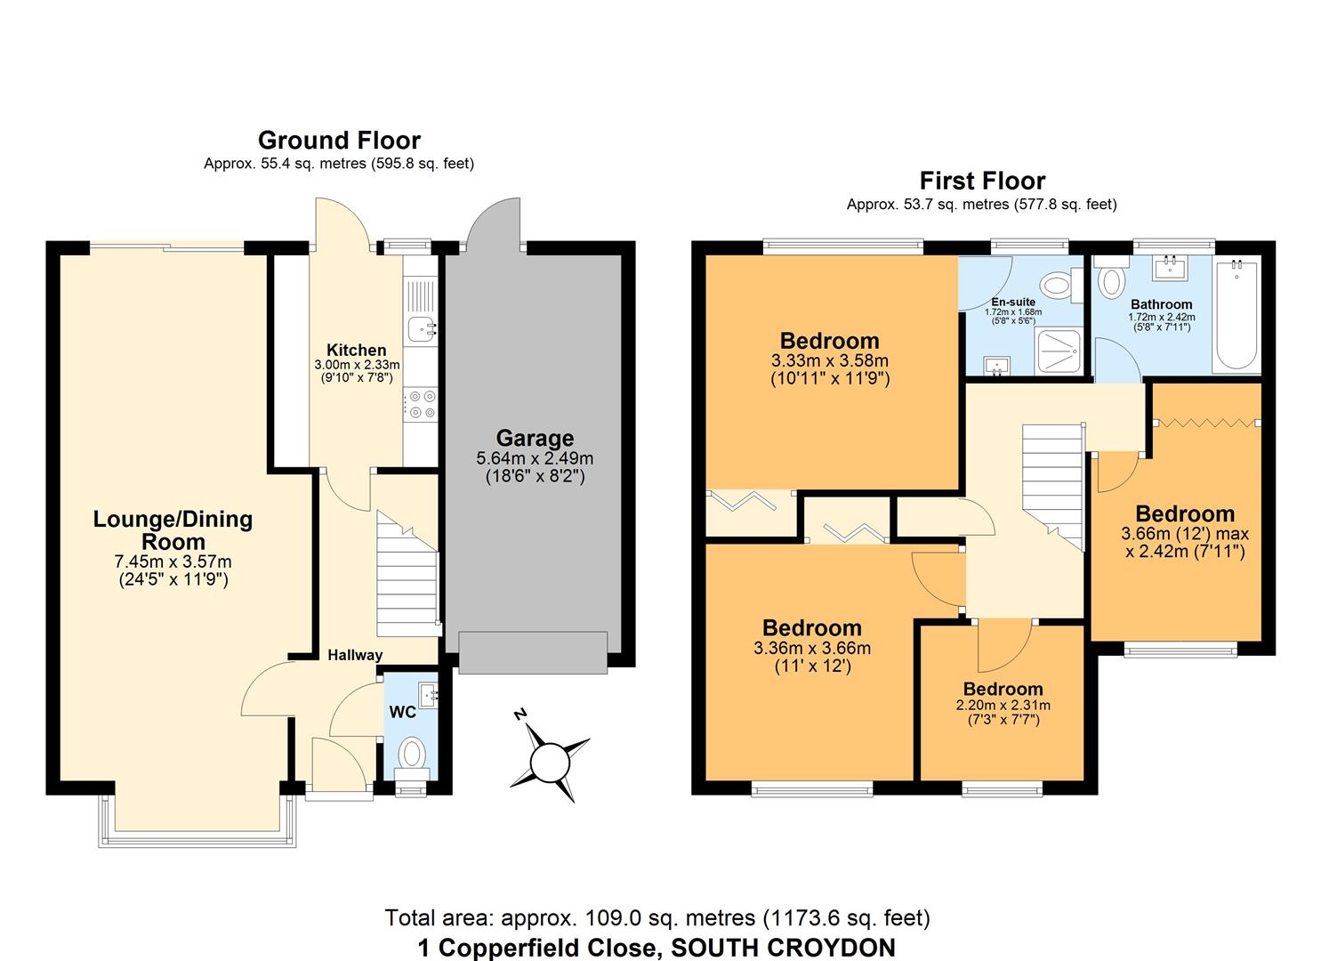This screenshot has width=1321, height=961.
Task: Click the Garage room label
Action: click(x=535, y=439)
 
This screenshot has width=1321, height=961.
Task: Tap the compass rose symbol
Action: click(x=550, y=761)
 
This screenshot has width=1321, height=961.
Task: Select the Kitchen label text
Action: click(x=357, y=351)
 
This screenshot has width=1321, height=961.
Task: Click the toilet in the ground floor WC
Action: click(x=412, y=755)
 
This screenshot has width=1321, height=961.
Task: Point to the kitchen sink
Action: click(x=422, y=329)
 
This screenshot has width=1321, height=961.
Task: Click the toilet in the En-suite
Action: click(x=1057, y=286)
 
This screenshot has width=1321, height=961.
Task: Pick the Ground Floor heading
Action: click(x=339, y=141)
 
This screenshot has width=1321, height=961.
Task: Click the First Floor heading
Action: click(x=982, y=182)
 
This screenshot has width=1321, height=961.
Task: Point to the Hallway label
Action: click(x=355, y=656)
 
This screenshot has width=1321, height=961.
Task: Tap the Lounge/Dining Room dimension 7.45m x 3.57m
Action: click(x=174, y=561)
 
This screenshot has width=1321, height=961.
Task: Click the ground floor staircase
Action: click(x=407, y=574)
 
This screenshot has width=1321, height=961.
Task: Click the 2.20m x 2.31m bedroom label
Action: click(x=1003, y=690)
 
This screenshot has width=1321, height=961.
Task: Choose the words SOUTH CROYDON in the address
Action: click(x=783, y=948)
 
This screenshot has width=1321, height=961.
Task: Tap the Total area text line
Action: click(x=657, y=917)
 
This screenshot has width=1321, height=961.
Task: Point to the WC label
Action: click(x=403, y=713)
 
